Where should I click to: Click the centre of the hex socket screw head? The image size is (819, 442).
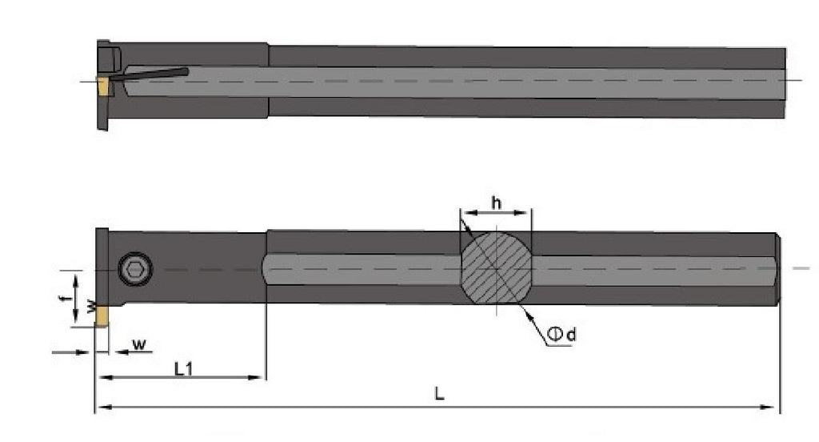coord(136,269)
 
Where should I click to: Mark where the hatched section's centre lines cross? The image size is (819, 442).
coord(496,268)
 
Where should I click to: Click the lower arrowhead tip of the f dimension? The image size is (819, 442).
coord(76,322)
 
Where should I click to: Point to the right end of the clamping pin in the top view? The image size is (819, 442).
coord(187,70)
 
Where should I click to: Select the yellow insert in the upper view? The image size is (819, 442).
coord(103,86)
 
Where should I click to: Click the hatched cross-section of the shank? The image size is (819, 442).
coord(496,267)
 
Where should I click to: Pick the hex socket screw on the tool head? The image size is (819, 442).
coord(136,269)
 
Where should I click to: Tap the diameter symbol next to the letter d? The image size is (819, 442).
coord(556,334)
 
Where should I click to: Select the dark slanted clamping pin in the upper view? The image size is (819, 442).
coord(150,74)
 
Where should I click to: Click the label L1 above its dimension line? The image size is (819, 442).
coord(183,369)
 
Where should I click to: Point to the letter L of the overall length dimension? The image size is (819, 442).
coord(439,393)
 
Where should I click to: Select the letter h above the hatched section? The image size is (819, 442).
coord(496,202)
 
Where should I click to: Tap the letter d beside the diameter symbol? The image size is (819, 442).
coord(571,334)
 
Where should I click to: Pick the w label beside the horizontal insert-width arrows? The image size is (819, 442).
coord(139,344)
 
